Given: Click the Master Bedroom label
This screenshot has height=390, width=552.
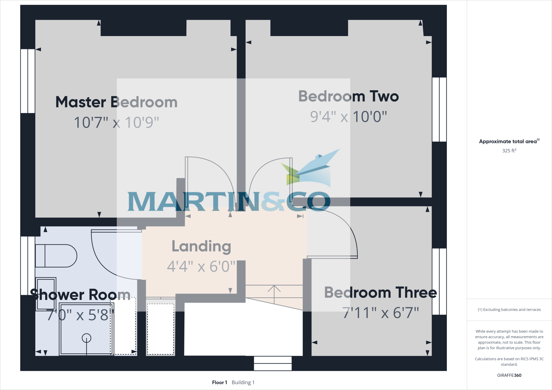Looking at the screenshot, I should (116, 102).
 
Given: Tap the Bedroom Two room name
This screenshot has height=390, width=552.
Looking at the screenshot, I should (348, 96).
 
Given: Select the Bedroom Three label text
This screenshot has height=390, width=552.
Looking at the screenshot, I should (380, 292).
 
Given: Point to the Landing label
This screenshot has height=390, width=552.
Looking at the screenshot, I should (201, 246).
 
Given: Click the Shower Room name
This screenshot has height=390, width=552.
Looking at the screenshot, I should (80, 294).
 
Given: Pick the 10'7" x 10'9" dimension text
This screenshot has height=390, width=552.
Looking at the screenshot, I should (116, 122).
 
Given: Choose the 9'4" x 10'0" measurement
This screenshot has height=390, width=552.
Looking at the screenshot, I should (348, 117).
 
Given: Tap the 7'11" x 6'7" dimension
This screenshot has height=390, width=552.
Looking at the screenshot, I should (380, 313).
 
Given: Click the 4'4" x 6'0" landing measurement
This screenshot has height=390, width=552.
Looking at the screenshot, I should (201, 266).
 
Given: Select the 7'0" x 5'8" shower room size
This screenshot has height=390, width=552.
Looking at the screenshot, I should (80, 315).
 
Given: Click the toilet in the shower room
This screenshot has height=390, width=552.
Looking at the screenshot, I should (56, 256).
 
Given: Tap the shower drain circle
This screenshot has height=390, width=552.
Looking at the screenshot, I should (87, 338).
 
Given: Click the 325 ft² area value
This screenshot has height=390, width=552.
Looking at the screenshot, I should (509, 151).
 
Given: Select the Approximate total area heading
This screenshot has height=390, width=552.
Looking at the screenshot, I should (509, 141).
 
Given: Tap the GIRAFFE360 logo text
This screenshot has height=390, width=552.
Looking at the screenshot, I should (509, 375).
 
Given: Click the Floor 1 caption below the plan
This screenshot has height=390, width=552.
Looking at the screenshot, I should (219, 382).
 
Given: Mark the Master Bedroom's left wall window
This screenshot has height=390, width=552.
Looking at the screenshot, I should (28, 81).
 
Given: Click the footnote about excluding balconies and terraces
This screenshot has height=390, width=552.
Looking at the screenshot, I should (509, 310).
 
